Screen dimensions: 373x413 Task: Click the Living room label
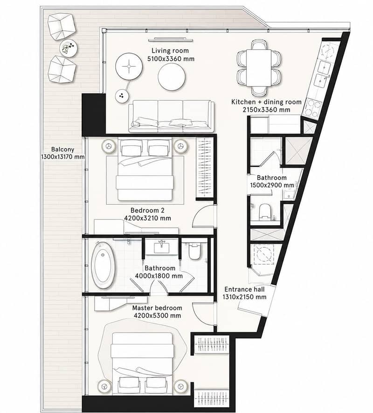point(170,50)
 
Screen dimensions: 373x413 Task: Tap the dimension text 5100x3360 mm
point(171,59)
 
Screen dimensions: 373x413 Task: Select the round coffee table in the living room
point(172,77)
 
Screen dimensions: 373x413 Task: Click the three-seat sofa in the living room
point(171,116)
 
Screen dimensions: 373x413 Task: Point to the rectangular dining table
point(259,68)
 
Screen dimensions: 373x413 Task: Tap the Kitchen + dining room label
point(266,102)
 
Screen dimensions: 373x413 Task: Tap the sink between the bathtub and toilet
point(162,246)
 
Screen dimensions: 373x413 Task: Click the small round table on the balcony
point(69,48)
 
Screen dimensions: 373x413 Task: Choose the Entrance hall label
point(244,289)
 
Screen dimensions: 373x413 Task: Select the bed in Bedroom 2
point(145,170)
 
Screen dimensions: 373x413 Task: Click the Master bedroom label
point(157,308)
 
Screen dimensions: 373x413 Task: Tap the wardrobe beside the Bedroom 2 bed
point(206,168)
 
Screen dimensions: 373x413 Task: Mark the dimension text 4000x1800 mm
point(159,276)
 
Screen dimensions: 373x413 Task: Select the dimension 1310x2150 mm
point(244,297)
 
